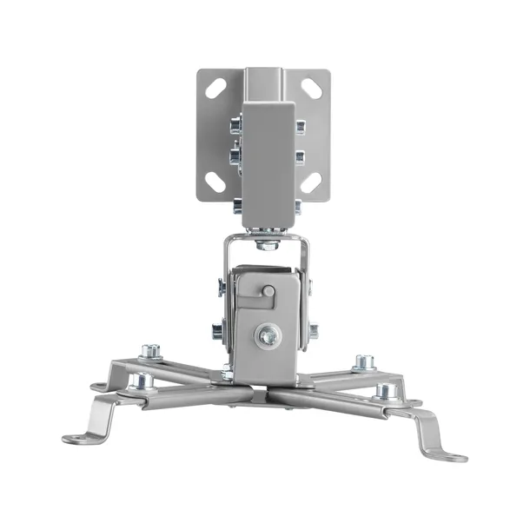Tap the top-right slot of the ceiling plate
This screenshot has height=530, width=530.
313,89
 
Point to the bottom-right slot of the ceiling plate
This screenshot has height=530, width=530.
313,182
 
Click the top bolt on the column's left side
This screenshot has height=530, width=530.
235,127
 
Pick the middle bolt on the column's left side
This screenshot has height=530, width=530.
235,157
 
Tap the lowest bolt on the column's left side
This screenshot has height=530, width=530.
236,207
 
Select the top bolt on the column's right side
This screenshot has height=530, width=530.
299,126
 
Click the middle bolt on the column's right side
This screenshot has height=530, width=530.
299,156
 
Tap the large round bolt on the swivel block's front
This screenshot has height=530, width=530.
268,331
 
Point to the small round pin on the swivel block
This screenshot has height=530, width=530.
269,291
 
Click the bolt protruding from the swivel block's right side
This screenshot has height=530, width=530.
313,330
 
